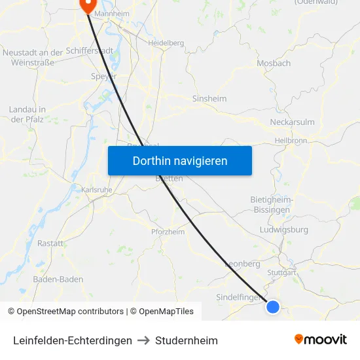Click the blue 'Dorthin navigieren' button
point(180,160)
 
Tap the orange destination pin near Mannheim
point(87,5)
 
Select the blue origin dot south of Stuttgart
point(273,306)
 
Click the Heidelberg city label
point(166,43)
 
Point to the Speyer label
point(103,76)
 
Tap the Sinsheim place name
point(209,99)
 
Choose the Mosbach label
point(274,63)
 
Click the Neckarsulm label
point(292,122)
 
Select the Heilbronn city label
point(291,140)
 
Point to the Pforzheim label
point(168,232)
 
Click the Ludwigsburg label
point(284,230)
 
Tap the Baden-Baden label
point(58,279)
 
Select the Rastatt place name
point(51,243)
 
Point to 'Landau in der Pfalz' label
point(27,114)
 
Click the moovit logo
point(320,339)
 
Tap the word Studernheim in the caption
point(187,340)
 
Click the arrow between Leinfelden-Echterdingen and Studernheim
point(143,340)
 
